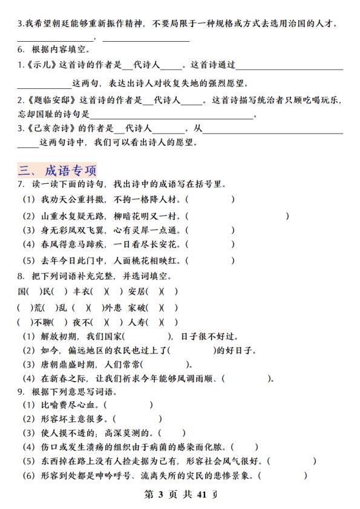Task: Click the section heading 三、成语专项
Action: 57,170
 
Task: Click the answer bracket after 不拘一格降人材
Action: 210,199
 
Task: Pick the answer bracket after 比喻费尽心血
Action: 128,404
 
